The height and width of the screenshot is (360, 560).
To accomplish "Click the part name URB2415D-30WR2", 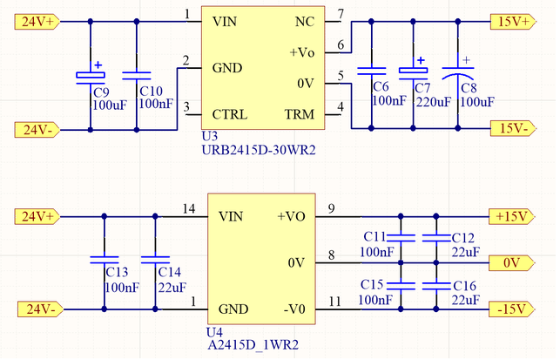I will [258, 150].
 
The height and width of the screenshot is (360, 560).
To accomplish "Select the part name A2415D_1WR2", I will [253, 345].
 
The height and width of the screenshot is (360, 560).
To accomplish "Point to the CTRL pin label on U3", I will [229, 114].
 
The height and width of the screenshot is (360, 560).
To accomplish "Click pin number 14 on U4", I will [189, 209].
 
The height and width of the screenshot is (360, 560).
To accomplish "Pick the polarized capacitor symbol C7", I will [411, 71].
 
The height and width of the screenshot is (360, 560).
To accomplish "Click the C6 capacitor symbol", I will [371, 71].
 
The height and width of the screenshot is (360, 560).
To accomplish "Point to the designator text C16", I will [464, 286].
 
